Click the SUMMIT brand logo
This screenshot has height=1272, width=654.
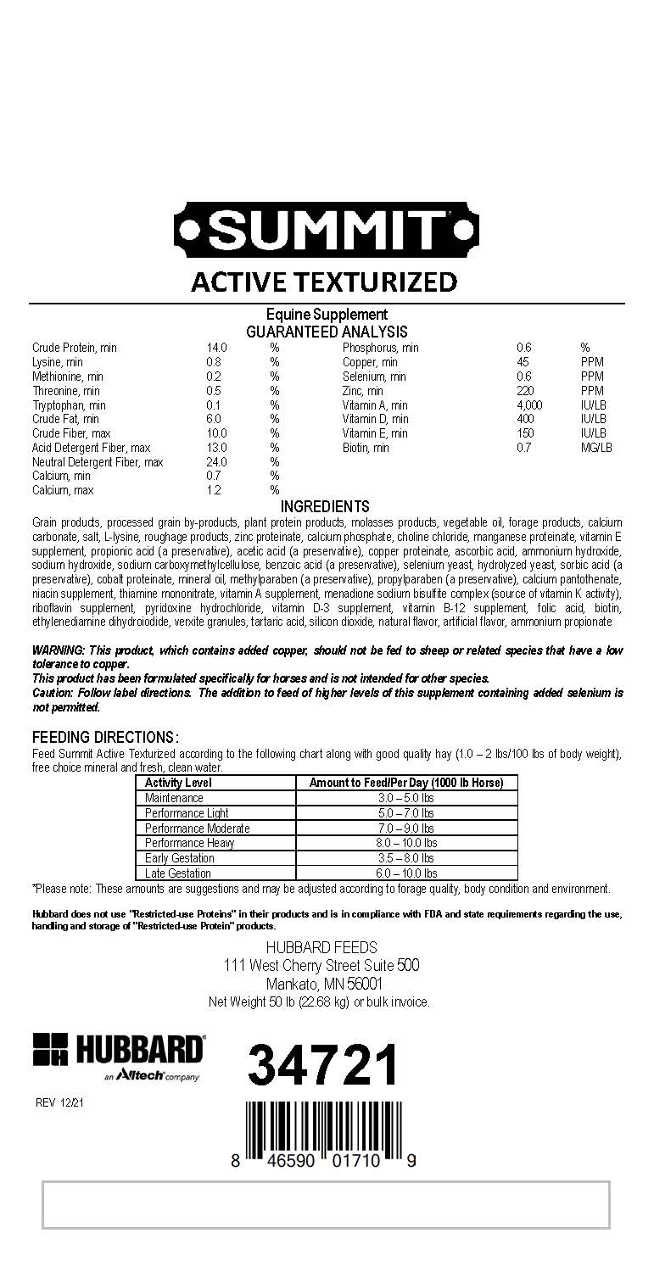tap(327, 229)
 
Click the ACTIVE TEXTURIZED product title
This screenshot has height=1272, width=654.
tap(324, 282)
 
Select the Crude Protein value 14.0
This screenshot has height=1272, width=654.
tap(216, 348)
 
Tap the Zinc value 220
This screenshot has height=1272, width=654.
tap(525, 391)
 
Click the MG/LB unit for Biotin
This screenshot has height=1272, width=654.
tap(596, 448)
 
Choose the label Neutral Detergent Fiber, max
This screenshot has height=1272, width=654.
tap(98, 462)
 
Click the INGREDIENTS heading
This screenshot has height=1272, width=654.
tap(325, 507)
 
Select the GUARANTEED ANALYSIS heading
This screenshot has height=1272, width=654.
tap(327, 332)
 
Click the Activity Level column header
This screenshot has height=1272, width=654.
tap(178, 783)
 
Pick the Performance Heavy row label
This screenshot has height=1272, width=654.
tap(189, 843)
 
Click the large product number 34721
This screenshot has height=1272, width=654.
tap(323, 1066)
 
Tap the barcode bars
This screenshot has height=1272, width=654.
tap(323, 1126)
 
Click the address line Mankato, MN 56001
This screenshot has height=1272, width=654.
tap(324, 984)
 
